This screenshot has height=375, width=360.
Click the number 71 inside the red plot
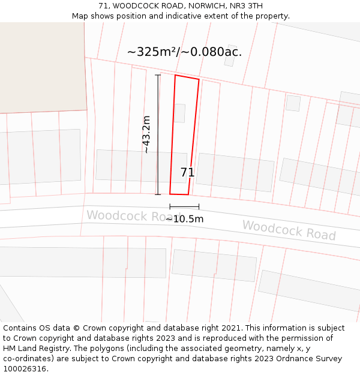187,173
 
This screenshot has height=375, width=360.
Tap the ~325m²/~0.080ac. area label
184,52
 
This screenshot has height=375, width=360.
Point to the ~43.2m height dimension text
146,134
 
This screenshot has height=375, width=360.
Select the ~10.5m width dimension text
184,219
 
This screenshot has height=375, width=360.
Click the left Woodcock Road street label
125,215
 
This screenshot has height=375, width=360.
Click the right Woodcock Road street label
289,230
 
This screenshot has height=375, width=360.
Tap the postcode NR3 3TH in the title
246,6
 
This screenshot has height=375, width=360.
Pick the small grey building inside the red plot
179,113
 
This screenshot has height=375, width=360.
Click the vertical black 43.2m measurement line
158,134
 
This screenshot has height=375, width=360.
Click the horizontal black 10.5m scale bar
184,207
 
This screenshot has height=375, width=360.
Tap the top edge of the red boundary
187,77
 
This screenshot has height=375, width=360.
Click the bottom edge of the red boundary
179,194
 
